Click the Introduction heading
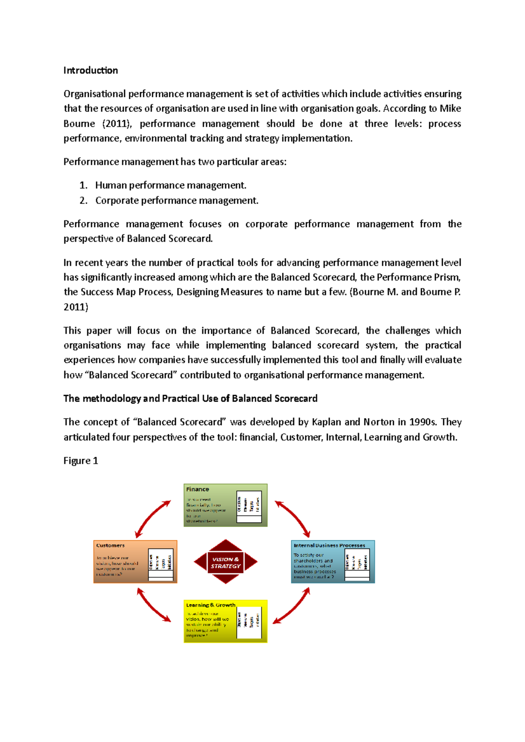(91, 70)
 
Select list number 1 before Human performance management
(83, 186)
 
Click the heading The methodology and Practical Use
(190, 399)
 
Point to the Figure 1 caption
(80, 461)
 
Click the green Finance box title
(197, 489)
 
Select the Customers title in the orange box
(110, 545)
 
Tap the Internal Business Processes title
(329, 545)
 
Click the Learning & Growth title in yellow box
(210, 605)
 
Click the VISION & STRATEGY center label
(226, 562)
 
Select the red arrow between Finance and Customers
(152, 519)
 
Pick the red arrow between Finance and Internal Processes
(293, 519)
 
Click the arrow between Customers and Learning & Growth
(153, 605)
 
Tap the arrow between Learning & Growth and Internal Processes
(292, 606)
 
